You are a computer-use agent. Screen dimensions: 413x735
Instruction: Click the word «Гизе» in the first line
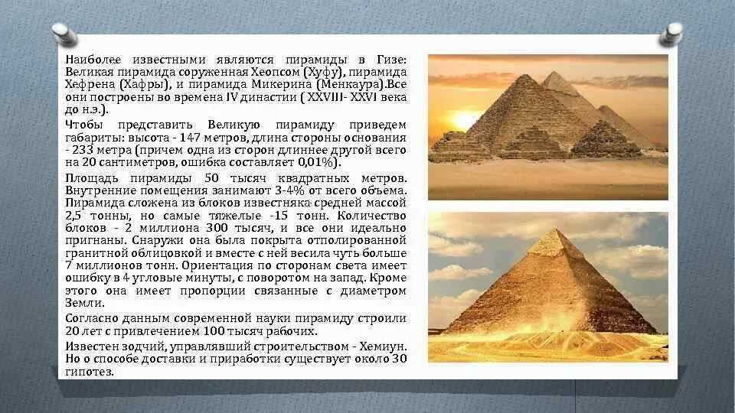click(390, 60)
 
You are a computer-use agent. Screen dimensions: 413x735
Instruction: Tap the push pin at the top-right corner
click(672, 32)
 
